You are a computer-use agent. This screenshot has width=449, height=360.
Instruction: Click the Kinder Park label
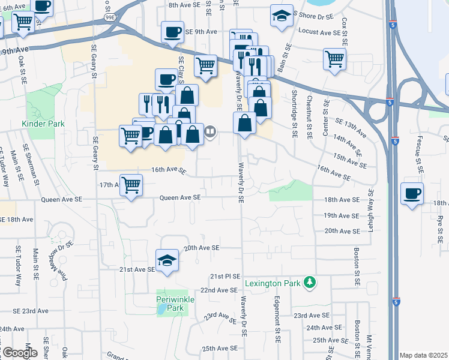coord(42,124)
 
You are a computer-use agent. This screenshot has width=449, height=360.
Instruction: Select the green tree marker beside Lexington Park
coord(310,281)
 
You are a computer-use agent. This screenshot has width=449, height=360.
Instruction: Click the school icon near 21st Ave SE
coord(167,260)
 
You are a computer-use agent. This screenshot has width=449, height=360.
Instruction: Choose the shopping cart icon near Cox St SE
coord(334,59)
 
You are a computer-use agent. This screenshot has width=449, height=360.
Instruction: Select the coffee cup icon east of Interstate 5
coord(412,194)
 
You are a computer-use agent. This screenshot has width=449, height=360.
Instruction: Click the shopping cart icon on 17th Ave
coord(131,184)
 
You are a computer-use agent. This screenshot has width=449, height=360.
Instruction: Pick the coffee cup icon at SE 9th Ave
coord(172,31)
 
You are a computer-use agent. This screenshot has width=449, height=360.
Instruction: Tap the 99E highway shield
coord(111,18)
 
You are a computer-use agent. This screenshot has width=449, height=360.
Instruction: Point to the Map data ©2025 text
coord(423,355)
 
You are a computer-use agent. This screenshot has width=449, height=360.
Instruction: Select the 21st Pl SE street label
coord(224,277)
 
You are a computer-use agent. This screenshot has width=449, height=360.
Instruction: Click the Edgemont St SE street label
coord(277,319)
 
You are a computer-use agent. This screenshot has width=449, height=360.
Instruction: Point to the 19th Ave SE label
coord(341,215)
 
